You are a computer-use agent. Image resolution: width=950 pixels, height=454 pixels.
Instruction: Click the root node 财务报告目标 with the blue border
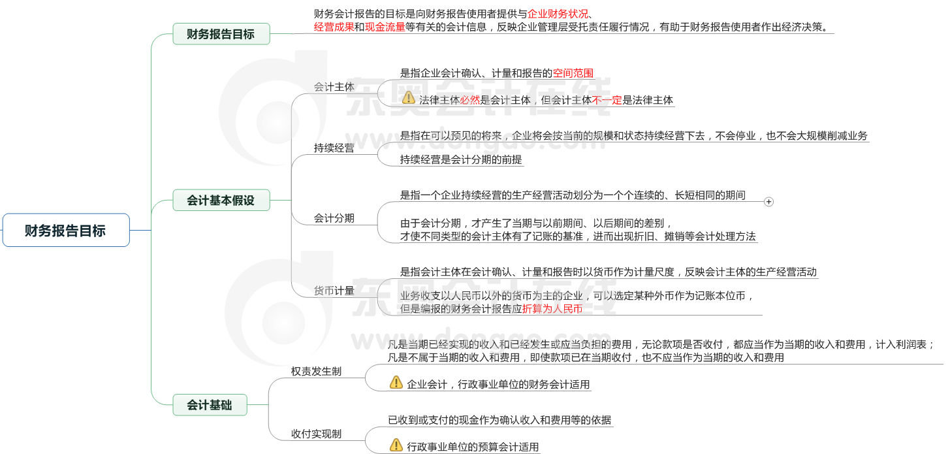coord(66,230)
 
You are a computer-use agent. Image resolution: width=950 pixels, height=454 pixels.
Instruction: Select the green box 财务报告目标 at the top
coord(221,34)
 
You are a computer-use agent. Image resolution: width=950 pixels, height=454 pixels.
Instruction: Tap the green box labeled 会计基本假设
coord(221,200)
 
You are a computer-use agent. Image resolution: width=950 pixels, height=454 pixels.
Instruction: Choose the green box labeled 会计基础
coord(210,405)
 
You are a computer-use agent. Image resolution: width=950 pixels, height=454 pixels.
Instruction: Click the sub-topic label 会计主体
coord(334,86)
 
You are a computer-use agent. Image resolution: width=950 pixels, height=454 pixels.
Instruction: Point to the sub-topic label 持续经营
coord(334,148)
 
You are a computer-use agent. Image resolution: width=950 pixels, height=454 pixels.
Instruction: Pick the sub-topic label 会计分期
coord(334,218)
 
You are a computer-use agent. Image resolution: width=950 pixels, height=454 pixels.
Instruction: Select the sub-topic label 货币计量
coord(334,291)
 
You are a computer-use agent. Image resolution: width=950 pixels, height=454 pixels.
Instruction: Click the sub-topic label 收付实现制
coord(316,434)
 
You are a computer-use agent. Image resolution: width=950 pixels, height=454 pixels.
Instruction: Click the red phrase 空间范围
coord(573,73)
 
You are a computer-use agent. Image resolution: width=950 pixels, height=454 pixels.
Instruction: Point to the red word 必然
coord(470,101)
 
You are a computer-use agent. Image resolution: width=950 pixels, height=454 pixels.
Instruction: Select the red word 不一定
coord(607,101)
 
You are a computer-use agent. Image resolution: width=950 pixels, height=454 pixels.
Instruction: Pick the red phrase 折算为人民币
coord(552,308)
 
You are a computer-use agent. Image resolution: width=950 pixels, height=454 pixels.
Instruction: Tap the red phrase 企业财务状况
coord(558,13)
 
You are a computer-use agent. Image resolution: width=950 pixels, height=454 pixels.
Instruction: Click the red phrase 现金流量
coord(385,27)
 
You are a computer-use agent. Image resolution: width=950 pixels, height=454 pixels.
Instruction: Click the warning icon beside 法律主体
coord(409,98)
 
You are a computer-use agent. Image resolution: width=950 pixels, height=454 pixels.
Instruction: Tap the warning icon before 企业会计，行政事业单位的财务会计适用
coord(396,382)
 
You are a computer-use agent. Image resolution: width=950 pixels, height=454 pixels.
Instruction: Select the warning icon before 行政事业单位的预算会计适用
coord(396,445)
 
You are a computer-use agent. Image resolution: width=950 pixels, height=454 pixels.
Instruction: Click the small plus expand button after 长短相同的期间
coord(768,202)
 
